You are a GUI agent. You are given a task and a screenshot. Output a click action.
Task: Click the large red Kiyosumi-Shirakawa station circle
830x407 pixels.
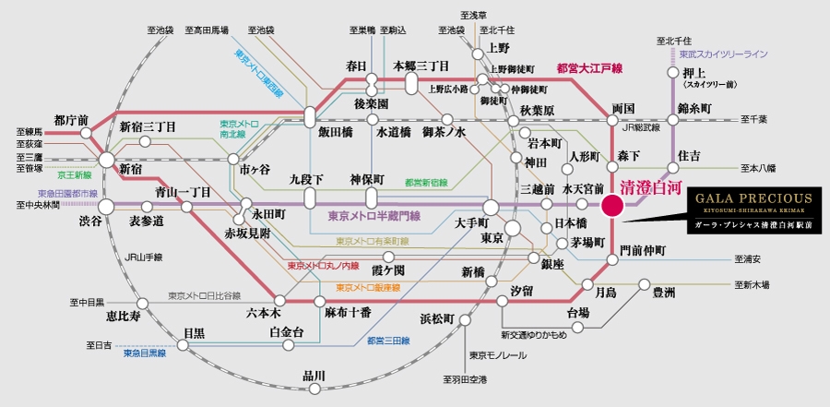(611, 206)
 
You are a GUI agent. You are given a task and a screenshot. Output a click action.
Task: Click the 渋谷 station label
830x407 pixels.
(89, 222)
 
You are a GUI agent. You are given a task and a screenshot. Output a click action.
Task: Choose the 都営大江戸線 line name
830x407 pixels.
(589, 68)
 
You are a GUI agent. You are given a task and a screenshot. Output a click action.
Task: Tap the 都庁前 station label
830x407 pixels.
(71, 120)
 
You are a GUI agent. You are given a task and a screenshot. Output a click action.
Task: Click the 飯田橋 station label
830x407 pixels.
(335, 132)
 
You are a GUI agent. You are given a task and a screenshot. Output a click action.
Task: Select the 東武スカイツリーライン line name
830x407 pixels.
(723, 54)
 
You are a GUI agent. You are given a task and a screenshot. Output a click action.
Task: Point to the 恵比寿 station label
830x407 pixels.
(124, 316)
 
